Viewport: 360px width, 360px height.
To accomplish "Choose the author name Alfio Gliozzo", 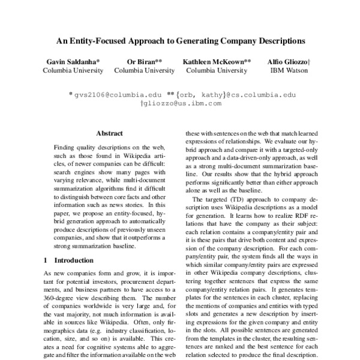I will point(289,62).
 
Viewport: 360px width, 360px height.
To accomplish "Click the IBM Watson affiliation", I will point(289,70).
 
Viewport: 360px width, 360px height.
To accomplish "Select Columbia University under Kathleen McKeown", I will point(217,70).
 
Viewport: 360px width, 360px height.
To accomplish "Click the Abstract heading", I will point(109,133).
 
